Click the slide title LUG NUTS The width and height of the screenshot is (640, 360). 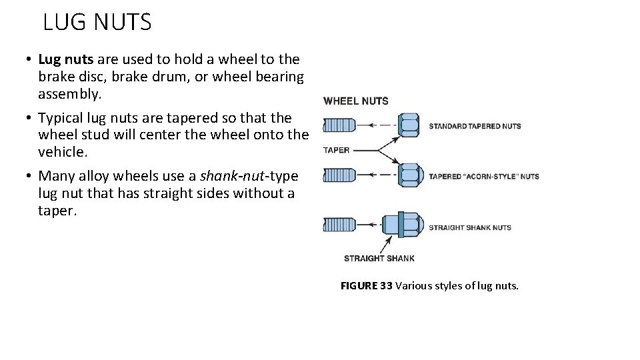tap(97, 23)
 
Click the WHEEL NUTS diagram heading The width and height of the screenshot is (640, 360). tap(356, 101)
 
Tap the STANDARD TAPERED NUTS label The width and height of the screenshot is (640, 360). tap(474, 125)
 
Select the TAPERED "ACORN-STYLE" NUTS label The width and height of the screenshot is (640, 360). tap(483, 177)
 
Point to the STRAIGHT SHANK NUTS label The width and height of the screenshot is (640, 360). tap(469, 227)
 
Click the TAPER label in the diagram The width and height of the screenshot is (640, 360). tap(336, 150)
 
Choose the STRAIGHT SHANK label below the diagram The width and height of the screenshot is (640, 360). tap(378, 258)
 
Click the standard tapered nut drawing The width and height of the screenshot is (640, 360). tap(409, 125)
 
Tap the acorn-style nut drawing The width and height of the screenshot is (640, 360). tap(409, 175)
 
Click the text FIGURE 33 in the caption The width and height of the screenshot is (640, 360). tap(366, 286)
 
